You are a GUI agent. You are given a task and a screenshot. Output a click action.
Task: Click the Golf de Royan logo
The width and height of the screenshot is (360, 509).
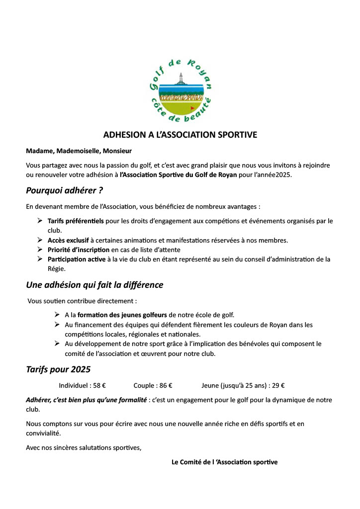pyautogui.click(x=180, y=89)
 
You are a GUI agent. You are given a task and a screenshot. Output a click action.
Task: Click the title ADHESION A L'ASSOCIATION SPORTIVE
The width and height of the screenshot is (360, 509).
pyautogui.click(x=180, y=135)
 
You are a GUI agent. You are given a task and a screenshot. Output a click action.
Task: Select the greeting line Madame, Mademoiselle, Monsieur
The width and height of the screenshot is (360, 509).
pyautogui.click(x=79, y=151)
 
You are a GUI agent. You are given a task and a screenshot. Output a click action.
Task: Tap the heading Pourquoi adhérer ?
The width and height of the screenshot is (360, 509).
pyautogui.click(x=65, y=190)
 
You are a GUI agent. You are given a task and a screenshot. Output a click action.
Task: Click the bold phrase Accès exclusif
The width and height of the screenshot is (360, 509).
pyautogui.click(x=68, y=240)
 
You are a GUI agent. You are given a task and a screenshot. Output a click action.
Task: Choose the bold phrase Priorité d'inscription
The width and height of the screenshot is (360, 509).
pyautogui.click(x=79, y=250)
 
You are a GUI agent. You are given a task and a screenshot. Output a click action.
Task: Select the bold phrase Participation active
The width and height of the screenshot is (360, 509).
pyautogui.click(x=76, y=259)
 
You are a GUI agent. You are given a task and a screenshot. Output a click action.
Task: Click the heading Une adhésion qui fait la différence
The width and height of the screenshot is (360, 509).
pyautogui.click(x=94, y=285)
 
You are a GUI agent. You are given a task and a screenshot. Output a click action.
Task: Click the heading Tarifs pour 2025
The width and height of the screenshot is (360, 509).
pyautogui.click(x=58, y=370)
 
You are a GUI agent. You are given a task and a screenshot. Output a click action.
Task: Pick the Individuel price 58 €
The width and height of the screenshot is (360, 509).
pyautogui.click(x=99, y=385)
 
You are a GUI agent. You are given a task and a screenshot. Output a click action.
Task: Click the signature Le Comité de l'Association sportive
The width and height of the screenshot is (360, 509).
pyautogui.click(x=224, y=462)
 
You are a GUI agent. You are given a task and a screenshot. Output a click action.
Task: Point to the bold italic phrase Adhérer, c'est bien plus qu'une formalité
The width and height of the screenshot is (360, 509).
pyautogui.click(x=86, y=400)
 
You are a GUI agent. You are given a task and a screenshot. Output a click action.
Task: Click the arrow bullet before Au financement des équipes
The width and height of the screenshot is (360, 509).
pyautogui.click(x=57, y=325)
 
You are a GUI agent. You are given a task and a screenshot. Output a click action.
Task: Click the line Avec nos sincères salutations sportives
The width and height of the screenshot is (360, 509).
pyautogui.click(x=84, y=448)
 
